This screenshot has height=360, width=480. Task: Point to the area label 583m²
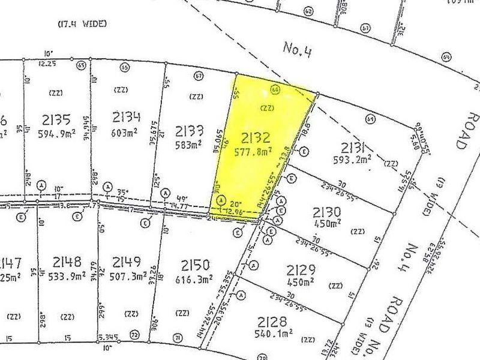coord(189,145)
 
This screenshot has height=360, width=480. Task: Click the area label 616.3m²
coord(193,279)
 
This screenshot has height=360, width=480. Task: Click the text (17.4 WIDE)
coord(82,24)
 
